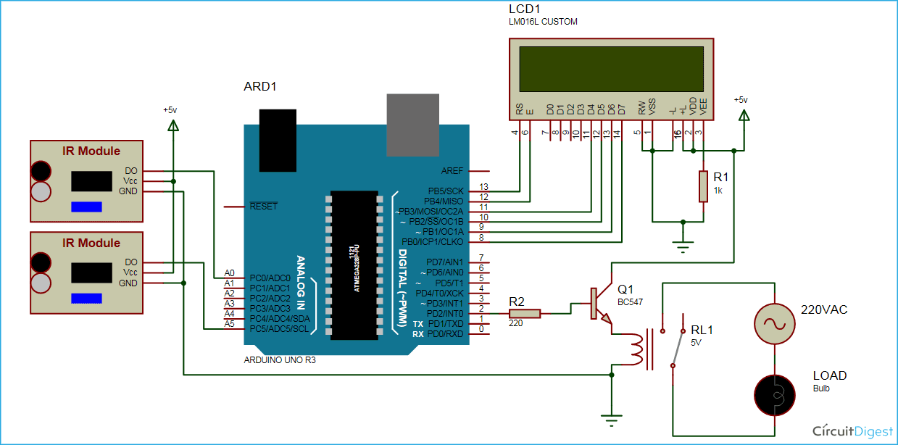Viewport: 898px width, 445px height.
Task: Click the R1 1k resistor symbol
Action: coord(702,186)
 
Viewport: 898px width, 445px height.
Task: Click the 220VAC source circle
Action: coord(776,323)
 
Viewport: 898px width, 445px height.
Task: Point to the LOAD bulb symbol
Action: coord(776,394)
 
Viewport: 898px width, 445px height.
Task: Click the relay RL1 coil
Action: coord(637,348)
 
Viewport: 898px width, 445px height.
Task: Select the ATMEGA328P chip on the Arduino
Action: coord(354,265)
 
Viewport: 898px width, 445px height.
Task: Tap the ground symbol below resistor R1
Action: coord(681,246)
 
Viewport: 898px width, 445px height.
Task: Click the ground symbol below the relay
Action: coord(612,419)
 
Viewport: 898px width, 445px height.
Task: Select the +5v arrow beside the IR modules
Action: coord(172,126)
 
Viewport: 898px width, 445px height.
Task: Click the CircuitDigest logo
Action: coord(852,431)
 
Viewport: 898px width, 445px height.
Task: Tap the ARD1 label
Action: coord(260,87)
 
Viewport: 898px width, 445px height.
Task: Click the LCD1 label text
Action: coord(524,9)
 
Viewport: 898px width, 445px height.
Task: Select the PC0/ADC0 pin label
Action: coord(269,278)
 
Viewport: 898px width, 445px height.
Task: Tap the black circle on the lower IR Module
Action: coord(41,262)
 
